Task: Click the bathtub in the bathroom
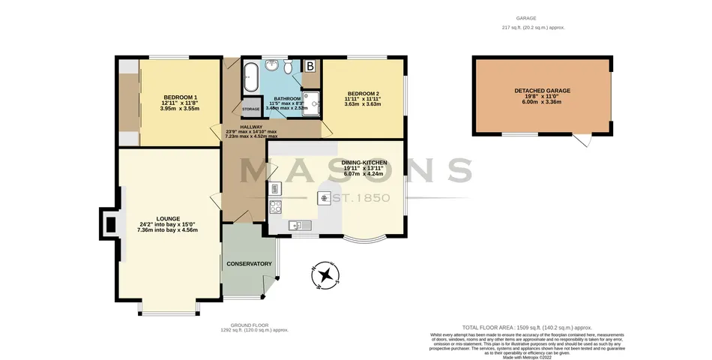click(250, 76)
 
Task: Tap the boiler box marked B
click(310, 66)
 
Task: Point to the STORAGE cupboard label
click(250, 109)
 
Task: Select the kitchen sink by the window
click(297, 225)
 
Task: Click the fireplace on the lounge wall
click(109, 223)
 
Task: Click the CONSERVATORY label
click(248, 264)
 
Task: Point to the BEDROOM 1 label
click(180, 97)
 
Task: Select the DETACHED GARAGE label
click(542, 91)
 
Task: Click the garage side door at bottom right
click(582, 140)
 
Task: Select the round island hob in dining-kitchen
click(325, 198)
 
